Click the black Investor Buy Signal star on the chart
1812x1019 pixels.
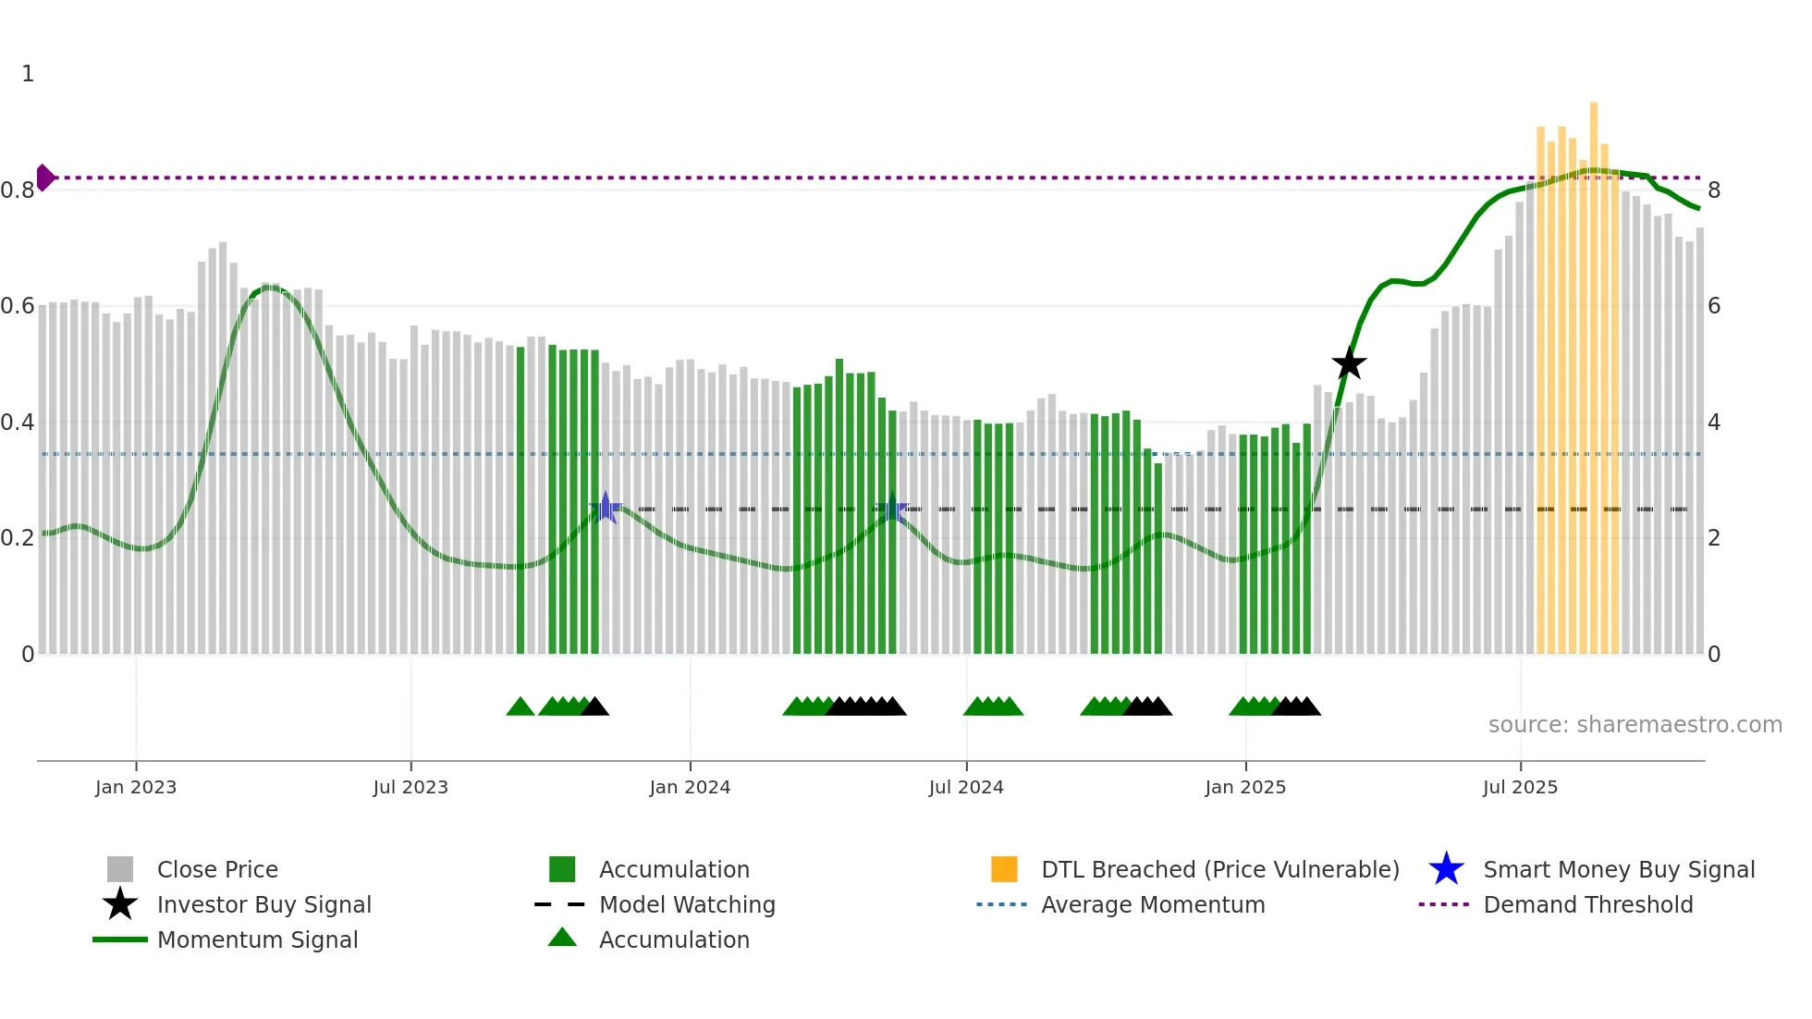[x=1349, y=364]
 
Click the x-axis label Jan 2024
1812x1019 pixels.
[x=690, y=787]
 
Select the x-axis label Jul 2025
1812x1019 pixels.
[x=1520, y=787]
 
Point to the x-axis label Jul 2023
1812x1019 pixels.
[x=410, y=787]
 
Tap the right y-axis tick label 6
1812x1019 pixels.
[x=1714, y=306]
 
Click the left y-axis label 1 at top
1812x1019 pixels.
[x=28, y=74]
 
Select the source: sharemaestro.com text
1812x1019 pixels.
[x=1634, y=725]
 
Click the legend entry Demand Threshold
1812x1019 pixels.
[x=1587, y=904]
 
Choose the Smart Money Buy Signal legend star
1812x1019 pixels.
[x=1446, y=869]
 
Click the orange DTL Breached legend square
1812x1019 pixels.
[x=1004, y=869]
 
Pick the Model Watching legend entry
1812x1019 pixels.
[x=686, y=904]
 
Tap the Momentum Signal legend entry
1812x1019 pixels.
[x=257, y=939]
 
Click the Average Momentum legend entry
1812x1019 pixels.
[x=1152, y=904]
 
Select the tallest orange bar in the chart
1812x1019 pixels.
[x=1594, y=370]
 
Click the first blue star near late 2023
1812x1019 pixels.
[x=606, y=508]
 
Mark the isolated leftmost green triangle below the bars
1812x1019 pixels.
[x=520, y=707]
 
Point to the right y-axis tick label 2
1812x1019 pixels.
[x=1714, y=538]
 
